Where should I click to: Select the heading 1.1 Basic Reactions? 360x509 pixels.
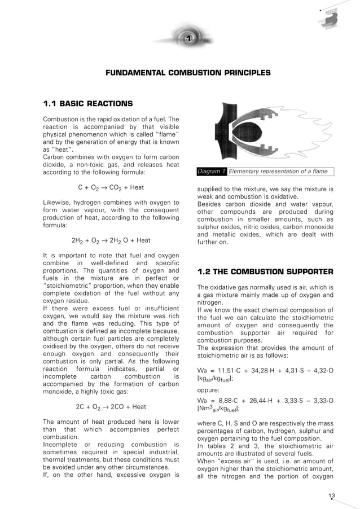(x=88, y=103)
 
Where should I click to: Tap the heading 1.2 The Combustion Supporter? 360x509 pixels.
(x=265, y=271)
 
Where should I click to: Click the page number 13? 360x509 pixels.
(x=331, y=496)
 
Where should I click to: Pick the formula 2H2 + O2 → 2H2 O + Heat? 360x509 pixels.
(x=111, y=239)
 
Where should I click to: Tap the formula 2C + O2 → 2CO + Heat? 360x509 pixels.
(x=111, y=406)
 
